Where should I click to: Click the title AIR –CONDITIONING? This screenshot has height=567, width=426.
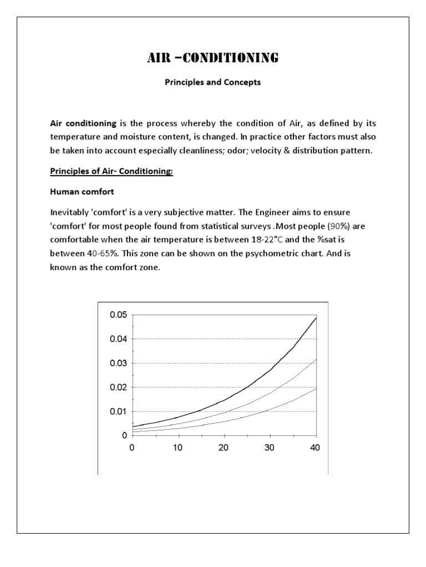212,58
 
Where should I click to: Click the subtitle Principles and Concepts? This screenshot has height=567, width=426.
212,83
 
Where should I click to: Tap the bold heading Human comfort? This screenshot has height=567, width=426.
81,192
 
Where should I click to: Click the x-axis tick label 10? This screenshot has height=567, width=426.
177,447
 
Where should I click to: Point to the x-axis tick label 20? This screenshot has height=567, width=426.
224,447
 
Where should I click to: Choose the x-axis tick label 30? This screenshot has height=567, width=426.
270,447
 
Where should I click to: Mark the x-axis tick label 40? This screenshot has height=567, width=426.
316,447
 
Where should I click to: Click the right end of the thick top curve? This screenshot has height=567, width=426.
316,317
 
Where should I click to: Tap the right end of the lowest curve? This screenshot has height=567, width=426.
316,388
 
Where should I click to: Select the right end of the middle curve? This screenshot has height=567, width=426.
316,359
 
